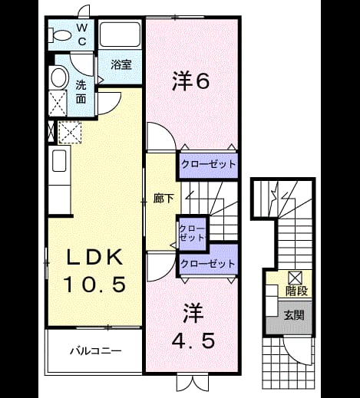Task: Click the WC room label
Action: pyautogui.click(x=82, y=35)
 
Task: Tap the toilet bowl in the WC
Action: pyautogui.click(x=59, y=35)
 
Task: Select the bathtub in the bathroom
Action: pyautogui.click(x=120, y=35)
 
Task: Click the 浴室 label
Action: pyautogui.click(x=121, y=65)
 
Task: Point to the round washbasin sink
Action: pyautogui.click(x=60, y=77)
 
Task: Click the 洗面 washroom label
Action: pyautogui.click(x=81, y=92)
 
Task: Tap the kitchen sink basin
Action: pyautogui.click(x=59, y=160)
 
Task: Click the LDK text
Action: pyautogui.click(x=94, y=257)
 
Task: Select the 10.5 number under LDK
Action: pyautogui.click(x=95, y=284)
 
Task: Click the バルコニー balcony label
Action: pyautogui.click(x=96, y=350)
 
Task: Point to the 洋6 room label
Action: pyautogui.click(x=191, y=81)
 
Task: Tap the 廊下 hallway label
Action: pyautogui.click(x=163, y=199)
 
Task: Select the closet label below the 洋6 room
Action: pyautogui.click(x=208, y=164)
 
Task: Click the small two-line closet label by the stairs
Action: pyautogui.click(x=192, y=233)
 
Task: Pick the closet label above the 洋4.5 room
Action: pyautogui.click(x=207, y=263)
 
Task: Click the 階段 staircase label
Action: pyautogui.click(x=296, y=291)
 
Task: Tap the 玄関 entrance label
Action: pyautogui.click(x=294, y=315)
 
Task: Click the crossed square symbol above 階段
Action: pyautogui.click(x=295, y=278)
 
